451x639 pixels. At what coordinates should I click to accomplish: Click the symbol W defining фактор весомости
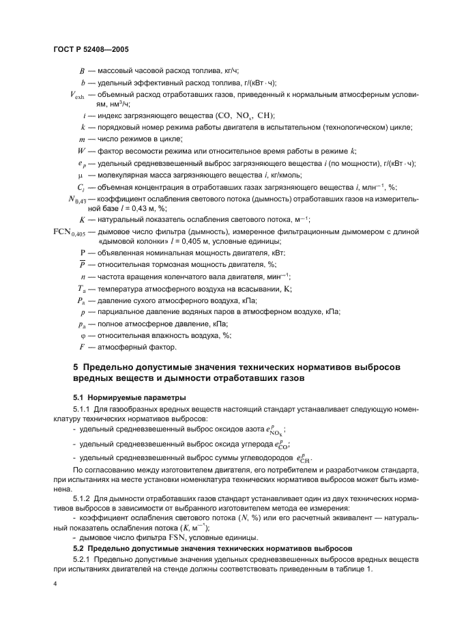pyautogui.click(x=81, y=151)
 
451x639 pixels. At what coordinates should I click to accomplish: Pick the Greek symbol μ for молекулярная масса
pyautogui.click(x=82, y=175)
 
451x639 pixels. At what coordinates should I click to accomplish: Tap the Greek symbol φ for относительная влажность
pyautogui.click(x=82, y=335)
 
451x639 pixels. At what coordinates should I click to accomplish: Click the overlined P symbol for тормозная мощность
pyautogui.click(x=82, y=264)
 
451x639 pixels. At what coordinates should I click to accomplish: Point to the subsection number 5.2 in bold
pyautogui.click(x=79, y=548)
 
